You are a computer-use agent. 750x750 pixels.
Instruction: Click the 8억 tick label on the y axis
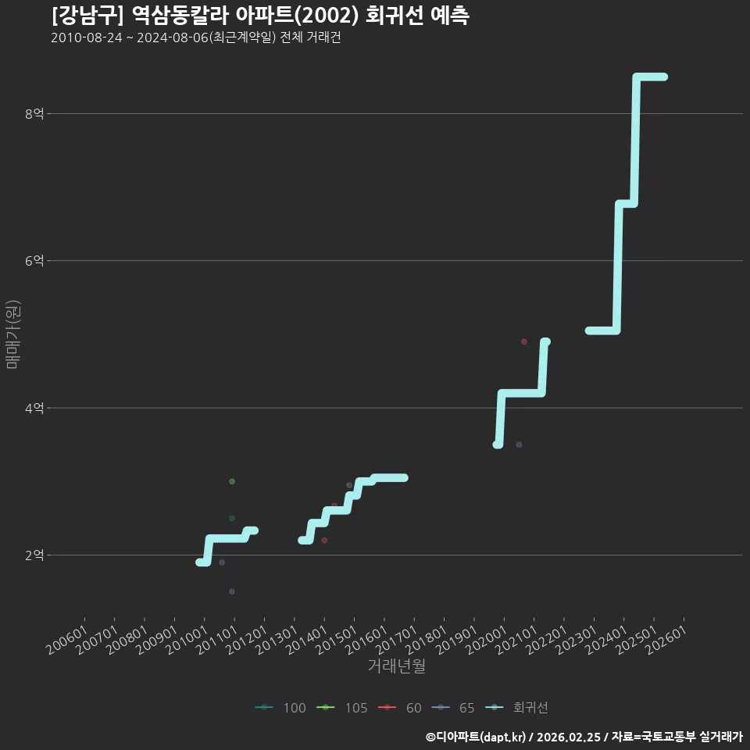[x=34, y=114]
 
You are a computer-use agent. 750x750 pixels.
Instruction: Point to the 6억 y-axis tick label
[x=34, y=261]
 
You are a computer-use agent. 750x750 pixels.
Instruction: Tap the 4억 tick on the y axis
[x=34, y=408]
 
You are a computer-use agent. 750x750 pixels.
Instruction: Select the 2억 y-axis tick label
[x=34, y=555]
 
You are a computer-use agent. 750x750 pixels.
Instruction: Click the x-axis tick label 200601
[x=67, y=640]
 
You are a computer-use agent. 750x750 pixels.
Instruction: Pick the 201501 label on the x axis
[x=337, y=640]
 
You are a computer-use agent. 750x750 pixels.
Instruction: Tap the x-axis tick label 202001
[x=487, y=640]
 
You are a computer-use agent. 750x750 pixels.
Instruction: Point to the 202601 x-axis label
[x=666, y=640]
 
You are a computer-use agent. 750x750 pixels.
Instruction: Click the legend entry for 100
[x=280, y=708]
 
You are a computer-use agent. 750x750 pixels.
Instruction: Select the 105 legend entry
[x=342, y=708]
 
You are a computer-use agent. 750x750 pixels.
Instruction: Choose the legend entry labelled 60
[x=400, y=708]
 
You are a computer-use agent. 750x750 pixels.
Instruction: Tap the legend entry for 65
[x=453, y=708]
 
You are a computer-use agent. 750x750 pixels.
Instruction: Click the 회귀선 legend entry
[x=516, y=708]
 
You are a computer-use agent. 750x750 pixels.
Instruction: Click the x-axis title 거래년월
[x=397, y=666]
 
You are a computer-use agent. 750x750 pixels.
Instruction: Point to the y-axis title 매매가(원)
[x=12, y=335]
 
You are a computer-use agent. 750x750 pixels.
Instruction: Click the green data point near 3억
[x=232, y=481]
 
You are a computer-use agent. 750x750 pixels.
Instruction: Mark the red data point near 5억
[x=524, y=341]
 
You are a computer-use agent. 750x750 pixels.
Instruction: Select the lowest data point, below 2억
[x=232, y=591]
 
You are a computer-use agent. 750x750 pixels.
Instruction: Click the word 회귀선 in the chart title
[x=394, y=16]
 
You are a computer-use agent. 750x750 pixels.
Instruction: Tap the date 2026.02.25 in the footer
[x=569, y=737]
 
